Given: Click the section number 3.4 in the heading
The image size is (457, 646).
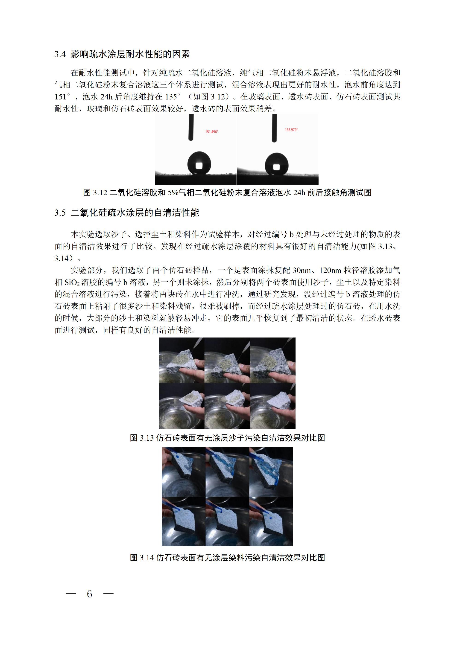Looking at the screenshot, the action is (x=60, y=54).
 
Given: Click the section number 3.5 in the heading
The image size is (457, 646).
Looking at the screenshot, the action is (x=60, y=213).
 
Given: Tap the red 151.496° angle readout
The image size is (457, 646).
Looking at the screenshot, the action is (x=211, y=132).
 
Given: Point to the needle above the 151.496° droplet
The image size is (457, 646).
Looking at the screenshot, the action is (x=191, y=127).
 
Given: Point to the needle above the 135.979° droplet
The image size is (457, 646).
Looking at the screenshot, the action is (x=274, y=128).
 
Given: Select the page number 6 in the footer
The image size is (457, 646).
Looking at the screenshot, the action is (x=90, y=594).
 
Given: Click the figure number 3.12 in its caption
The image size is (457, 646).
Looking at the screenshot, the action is (x=100, y=193).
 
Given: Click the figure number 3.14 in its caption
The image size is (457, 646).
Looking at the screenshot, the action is (x=147, y=558).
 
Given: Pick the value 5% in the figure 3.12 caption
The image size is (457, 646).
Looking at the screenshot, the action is (x=173, y=193).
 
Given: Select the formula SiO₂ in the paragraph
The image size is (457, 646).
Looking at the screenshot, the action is (x=72, y=283).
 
